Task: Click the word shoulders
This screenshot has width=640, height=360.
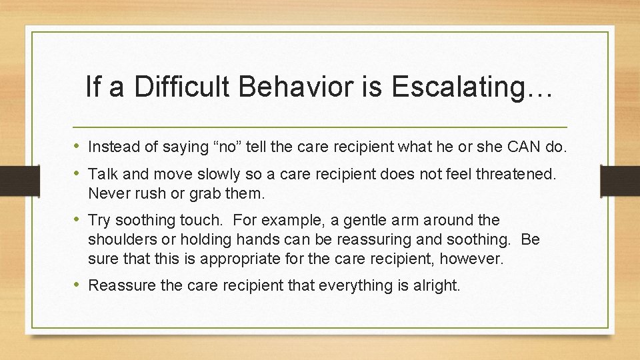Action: [121, 239]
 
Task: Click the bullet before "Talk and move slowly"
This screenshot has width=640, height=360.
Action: [79, 174]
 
